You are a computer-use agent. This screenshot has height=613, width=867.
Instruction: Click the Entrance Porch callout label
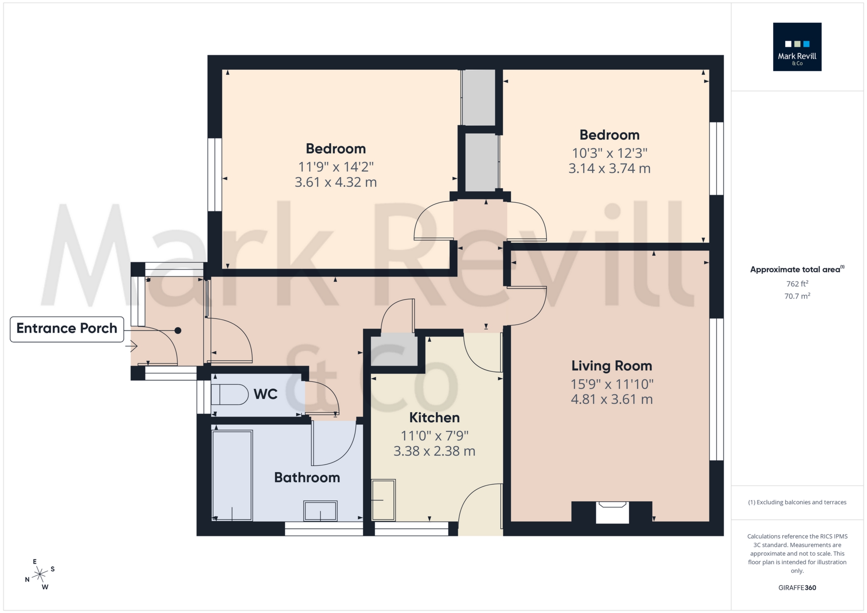pos(67,329)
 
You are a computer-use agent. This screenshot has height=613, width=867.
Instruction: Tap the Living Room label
pos(611,366)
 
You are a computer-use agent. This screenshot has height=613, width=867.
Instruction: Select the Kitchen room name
pos(434,418)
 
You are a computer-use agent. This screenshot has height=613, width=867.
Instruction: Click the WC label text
pos(265,394)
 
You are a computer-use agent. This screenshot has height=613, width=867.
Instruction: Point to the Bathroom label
pos(307,477)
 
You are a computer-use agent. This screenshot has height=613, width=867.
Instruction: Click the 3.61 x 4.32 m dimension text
pos(336,182)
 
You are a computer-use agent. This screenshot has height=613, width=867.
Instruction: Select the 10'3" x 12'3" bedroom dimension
pos(609,153)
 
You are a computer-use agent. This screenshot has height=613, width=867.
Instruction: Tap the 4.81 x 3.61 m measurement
pos(611,400)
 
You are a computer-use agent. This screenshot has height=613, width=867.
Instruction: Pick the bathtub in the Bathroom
pos(232,475)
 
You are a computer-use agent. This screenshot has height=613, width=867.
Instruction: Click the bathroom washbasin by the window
pos(320,511)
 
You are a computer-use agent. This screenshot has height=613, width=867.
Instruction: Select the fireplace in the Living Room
pos(612,511)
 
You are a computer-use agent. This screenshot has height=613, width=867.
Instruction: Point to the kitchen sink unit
pos(383,500)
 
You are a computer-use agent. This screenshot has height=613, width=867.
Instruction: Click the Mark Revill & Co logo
pos(797,47)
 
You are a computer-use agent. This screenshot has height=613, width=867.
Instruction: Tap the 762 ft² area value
pos(797,284)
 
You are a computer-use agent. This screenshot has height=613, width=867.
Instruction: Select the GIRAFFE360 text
pos(797,588)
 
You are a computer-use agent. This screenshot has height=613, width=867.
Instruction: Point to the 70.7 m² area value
pos(797,296)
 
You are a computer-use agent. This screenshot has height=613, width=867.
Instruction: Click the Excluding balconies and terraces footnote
pos(797,502)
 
